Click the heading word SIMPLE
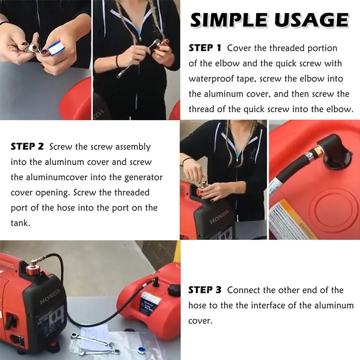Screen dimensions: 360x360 pyautogui.click(x=229, y=20)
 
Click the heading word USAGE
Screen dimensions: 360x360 pyautogui.click(x=311, y=20)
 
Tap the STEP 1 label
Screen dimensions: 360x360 pyautogui.click(x=205, y=48)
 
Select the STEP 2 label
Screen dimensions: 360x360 pyautogui.click(x=27, y=147)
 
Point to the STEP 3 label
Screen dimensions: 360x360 pyautogui.click(x=205, y=290)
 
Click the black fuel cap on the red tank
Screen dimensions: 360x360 pyautogui.click(x=174, y=290)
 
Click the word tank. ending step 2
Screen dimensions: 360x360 pyautogui.click(x=20, y=223)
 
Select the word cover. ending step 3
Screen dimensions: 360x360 pyautogui.click(x=200, y=321)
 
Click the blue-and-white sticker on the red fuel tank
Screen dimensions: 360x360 pyautogui.click(x=151, y=302)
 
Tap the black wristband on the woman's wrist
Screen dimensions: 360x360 pyautogui.click(x=118, y=61)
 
